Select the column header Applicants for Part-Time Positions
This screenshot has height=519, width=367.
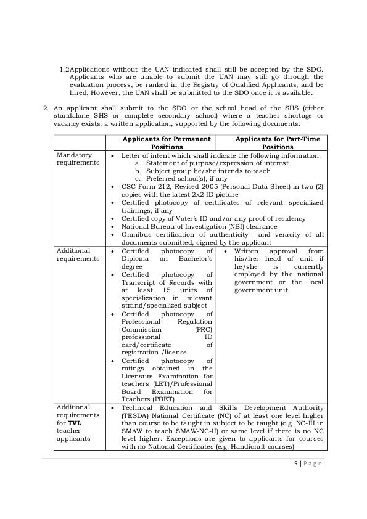pos(278,143)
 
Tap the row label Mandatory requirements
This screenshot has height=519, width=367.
pos(74,159)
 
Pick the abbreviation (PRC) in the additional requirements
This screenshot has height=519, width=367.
pos(203,329)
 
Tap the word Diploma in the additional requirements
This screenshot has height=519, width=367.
pos(136,259)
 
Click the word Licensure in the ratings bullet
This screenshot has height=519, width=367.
pos(139,375)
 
